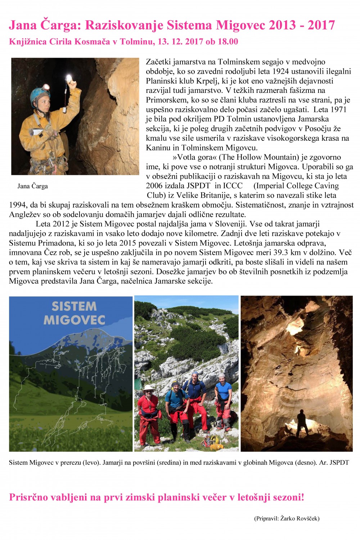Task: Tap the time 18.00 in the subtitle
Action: point(228,42)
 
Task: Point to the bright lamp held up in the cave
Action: point(68,78)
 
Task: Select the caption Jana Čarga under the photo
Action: point(33,186)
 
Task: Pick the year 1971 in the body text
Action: point(338,109)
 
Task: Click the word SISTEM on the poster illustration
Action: point(74,306)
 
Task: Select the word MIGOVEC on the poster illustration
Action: point(74,320)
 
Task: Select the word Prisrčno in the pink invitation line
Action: point(28,498)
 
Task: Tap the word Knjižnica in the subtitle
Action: point(28,42)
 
